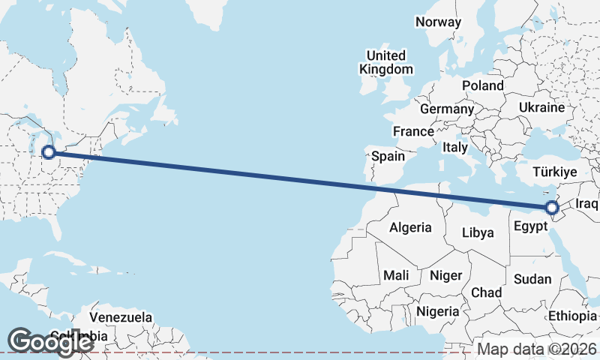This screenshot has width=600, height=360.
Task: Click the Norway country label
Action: (x=438, y=22)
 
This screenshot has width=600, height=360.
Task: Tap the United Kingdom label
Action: (x=385, y=62)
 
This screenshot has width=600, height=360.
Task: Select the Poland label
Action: (x=482, y=85)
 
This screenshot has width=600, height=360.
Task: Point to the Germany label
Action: (x=447, y=109)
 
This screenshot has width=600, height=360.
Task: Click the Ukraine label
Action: (x=541, y=108)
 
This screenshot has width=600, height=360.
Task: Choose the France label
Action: (x=413, y=131)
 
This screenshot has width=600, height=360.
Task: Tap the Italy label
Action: (x=455, y=147)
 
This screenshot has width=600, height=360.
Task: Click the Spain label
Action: (x=388, y=157)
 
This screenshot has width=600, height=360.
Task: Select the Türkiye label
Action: (x=553, y=172)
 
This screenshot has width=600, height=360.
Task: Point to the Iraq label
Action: (x=587, y=203)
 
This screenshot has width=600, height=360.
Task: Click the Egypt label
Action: (x=532, y=224)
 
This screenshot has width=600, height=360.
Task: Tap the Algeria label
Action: (x=410, y=227)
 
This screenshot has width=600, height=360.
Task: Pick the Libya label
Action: (x=478, y=232)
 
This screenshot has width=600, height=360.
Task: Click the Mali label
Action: (x=396, y=275)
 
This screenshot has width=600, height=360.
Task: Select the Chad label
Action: (x=486, y=292)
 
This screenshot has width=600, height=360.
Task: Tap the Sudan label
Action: (x=532, y=279)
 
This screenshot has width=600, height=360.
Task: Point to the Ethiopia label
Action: (x=572, y=316)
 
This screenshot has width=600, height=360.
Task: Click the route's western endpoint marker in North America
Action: (x=49, y=153)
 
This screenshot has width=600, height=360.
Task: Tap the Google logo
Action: (x=50, y=341)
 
